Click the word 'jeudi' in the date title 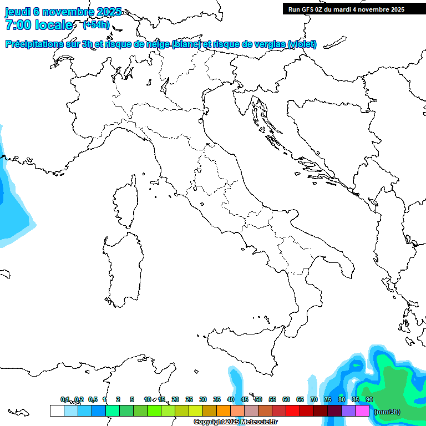pos(18,12)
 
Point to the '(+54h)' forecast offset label pos(96,25)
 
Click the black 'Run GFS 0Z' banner pos(346,9)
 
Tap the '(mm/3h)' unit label pos(387,411)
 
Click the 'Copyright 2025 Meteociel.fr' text pos(235,422)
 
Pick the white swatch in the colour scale pos(57,410)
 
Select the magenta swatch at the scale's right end pos(362,410)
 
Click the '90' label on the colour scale pos(369,399)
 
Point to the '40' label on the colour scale pos(230,399)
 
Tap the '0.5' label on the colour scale pos(93,399)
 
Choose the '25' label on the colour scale pos(189,399)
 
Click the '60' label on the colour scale pos(286,399)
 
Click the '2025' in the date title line pos(109,12)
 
